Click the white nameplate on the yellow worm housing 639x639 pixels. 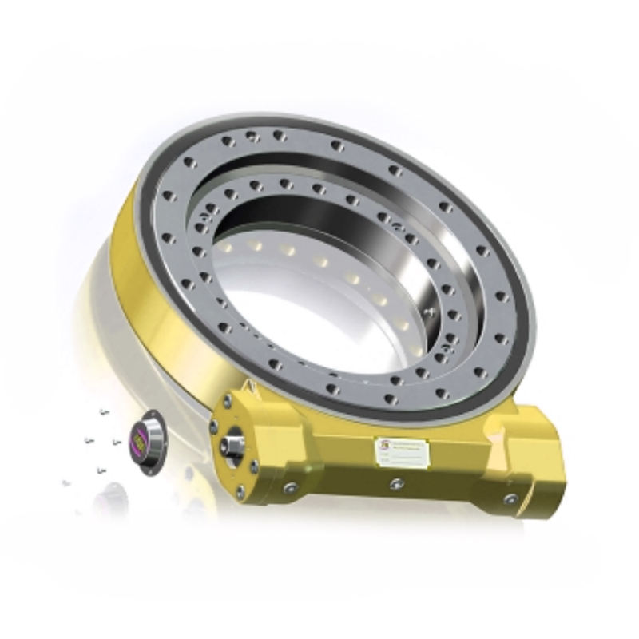coord(403,453)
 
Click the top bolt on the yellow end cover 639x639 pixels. coord(228,401)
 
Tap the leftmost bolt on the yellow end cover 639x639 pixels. coord(213,427)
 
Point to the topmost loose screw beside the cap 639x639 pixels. coord(104,412)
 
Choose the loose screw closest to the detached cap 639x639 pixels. coord(117,442)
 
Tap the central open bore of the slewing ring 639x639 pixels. coord(312,280)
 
